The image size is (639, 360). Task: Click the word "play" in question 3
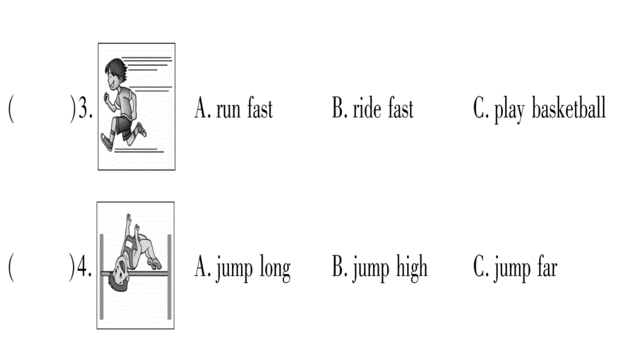(510, 111)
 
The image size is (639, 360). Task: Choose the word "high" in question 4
(412, 268)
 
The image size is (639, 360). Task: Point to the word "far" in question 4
(545, 268)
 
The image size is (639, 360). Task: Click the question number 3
(84, 109)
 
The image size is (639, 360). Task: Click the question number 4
(84, 268)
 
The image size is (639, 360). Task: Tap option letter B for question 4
(338, 268)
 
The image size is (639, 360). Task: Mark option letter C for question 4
(481, 268)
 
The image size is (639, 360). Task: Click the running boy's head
(114, 73)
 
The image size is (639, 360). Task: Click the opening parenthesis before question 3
(11, 109)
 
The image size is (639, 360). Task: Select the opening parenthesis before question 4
(11, 268)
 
